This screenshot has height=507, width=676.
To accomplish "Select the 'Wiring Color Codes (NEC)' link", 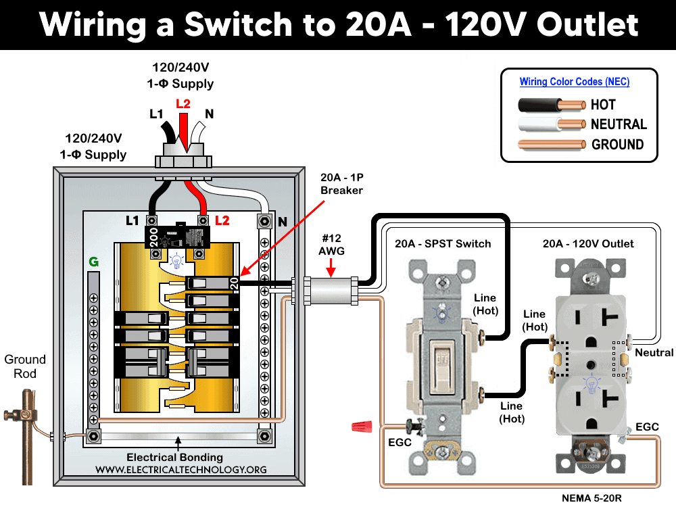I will point(574,82).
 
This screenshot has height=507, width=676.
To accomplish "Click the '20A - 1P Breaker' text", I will point(341,184).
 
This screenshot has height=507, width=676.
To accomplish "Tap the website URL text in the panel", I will point(180,469).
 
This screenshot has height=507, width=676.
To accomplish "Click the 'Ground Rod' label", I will point(25,366).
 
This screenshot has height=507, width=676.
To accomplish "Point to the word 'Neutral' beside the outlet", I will point(654,352).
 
